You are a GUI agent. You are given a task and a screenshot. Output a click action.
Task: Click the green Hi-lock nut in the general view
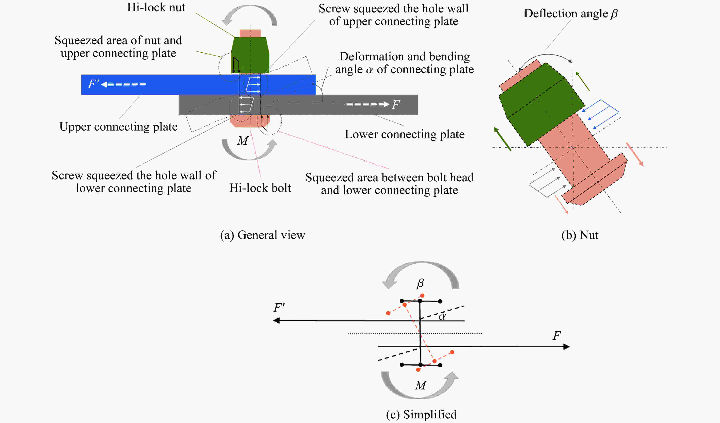tap(250, 55)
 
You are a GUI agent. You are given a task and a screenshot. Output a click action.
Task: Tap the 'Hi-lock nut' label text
tap(156, 7)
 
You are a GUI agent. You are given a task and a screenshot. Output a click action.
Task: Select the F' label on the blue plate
tap(93, 84)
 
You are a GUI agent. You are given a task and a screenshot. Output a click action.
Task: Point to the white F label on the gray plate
tap(396, 105)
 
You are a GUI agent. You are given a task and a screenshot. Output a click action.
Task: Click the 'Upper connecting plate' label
tap(118, 127)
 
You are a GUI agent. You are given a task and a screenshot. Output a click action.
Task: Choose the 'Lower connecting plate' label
tap(405, 134)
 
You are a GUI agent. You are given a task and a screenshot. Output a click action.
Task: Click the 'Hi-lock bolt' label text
tap(260, 188)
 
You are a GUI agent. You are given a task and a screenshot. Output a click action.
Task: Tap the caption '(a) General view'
tap(262, 235)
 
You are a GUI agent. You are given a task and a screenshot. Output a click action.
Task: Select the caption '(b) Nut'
tap(580, 235)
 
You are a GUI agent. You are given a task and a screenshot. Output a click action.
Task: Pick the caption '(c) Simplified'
tap(421, 414)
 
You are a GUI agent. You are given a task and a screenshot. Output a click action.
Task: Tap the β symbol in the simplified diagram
tap(420, 283)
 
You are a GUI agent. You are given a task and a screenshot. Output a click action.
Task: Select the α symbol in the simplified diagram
tap(442, 316)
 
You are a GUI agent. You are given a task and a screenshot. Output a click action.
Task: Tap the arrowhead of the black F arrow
tap(566, 347)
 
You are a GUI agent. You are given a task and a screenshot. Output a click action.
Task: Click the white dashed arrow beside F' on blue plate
tap(123, 84)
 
